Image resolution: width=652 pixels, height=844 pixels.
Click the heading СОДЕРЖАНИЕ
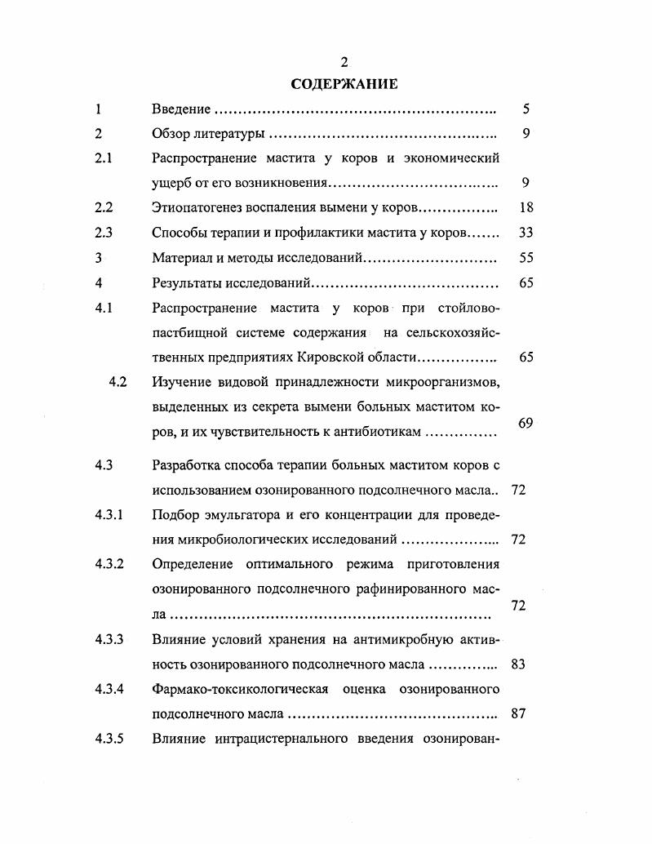tap(344, 83)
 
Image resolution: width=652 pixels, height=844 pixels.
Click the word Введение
tap(182, 109)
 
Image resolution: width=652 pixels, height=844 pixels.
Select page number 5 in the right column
tap(526, 109)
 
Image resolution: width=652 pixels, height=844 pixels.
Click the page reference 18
tap(526, 208)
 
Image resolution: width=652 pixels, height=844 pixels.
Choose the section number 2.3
tap(103, 233)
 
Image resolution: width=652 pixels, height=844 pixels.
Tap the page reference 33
tap(526, 233)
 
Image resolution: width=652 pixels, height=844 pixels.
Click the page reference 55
tap(526, 258)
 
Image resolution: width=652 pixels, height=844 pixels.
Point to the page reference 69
tap(526, 423)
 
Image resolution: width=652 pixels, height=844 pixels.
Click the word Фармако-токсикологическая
tap(240, 690)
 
